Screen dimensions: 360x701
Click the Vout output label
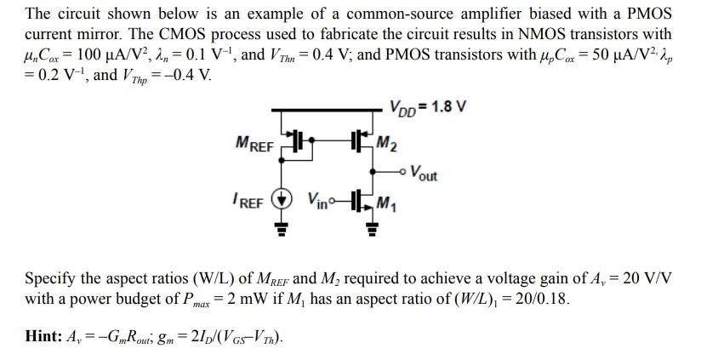click(x=423, y=176)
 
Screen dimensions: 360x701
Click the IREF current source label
click(x=251, y=203)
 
